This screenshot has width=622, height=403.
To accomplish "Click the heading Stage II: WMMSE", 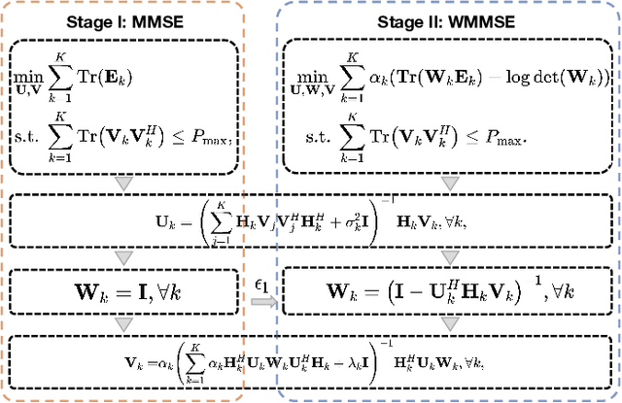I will [446, 18].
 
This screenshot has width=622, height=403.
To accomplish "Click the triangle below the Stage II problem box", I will [446, 184].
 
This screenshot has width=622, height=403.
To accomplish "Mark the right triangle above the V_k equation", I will [446, 323].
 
